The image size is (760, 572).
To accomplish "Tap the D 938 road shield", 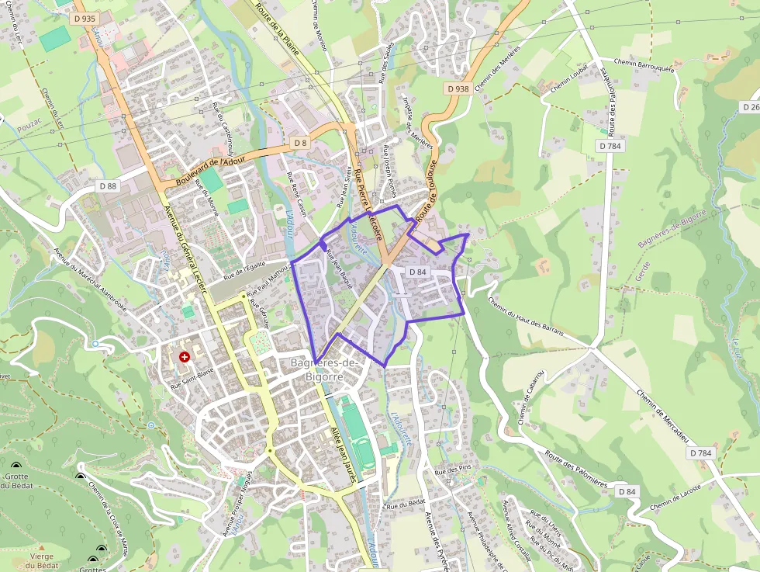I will tap(458, 88).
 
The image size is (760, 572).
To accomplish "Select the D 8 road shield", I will tap(300, 143).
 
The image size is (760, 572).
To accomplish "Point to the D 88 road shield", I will tap(108, 185).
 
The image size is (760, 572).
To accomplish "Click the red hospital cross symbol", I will tap(185, 357).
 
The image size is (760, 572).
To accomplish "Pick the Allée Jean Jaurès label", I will tap(342, 455).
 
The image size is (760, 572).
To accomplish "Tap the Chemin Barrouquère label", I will tap(644, 63).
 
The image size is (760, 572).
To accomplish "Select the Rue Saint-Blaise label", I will tap(192, 382).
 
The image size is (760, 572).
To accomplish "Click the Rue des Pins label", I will tap(453, 470).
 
